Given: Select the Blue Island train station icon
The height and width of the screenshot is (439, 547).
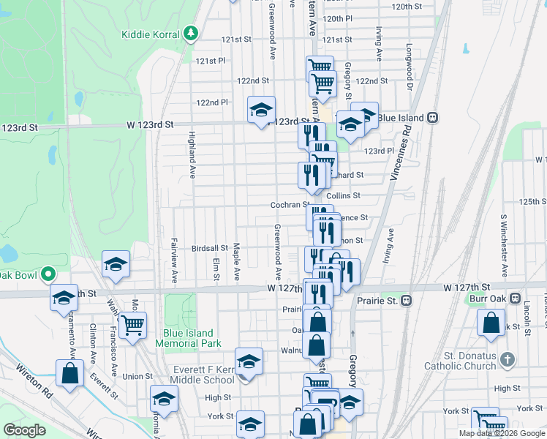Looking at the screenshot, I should [433, 117].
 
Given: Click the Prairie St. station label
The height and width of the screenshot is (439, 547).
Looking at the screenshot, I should [376, 301].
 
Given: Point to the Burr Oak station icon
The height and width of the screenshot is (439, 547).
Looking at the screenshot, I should [515, 300].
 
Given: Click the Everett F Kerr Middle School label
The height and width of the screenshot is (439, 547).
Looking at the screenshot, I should [202, 374].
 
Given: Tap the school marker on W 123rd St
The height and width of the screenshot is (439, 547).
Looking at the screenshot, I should [261, 110].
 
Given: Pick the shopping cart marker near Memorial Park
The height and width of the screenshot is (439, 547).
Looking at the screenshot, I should [132, 324].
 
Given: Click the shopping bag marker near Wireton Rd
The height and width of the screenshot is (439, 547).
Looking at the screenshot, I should [69, 372].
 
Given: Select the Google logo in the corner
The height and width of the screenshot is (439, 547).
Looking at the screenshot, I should [24, 430].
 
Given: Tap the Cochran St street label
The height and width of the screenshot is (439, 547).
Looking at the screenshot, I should [290, 206].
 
